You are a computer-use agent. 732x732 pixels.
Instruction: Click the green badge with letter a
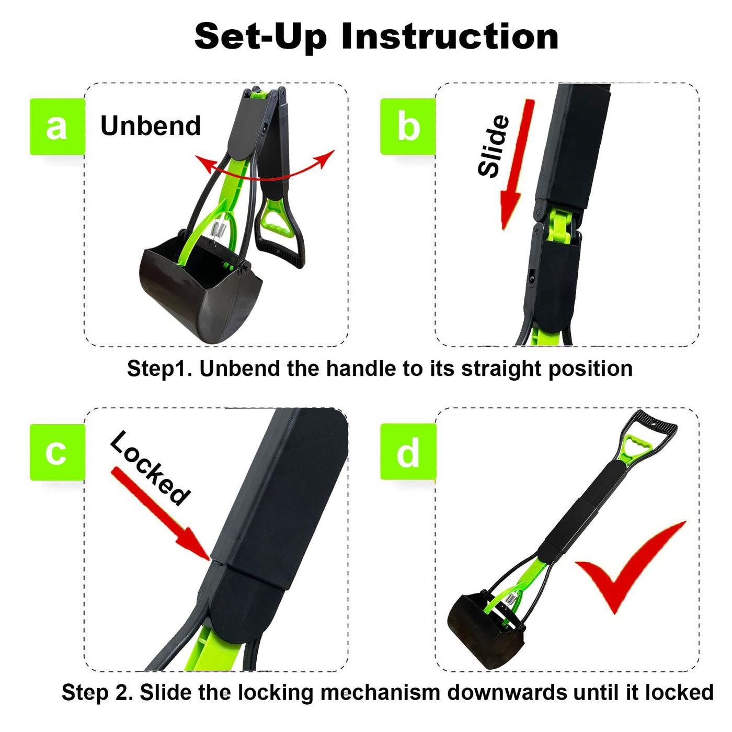[58, 127]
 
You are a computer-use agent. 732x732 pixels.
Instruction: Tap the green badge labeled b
[408, 127]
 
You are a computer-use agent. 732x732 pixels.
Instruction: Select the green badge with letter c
[58, 452]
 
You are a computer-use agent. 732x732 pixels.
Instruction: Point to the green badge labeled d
[408, 452]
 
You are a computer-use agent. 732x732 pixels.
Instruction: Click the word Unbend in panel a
[151, 125]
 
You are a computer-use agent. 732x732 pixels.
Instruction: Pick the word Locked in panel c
[150, 468]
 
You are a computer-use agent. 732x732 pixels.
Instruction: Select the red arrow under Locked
[160, 513]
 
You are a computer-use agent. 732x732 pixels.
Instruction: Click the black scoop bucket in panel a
[201, 288]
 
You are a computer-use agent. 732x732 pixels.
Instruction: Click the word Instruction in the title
[450, 37]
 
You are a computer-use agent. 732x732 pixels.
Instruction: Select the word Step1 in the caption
[159, 369]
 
